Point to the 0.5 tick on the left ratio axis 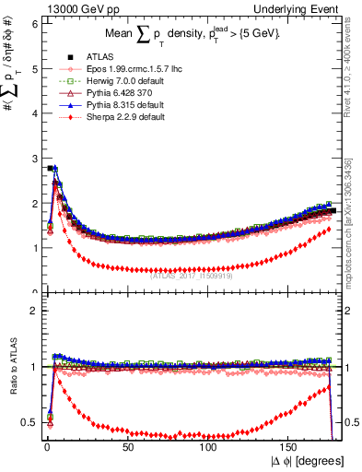click(x=30, y=422)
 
